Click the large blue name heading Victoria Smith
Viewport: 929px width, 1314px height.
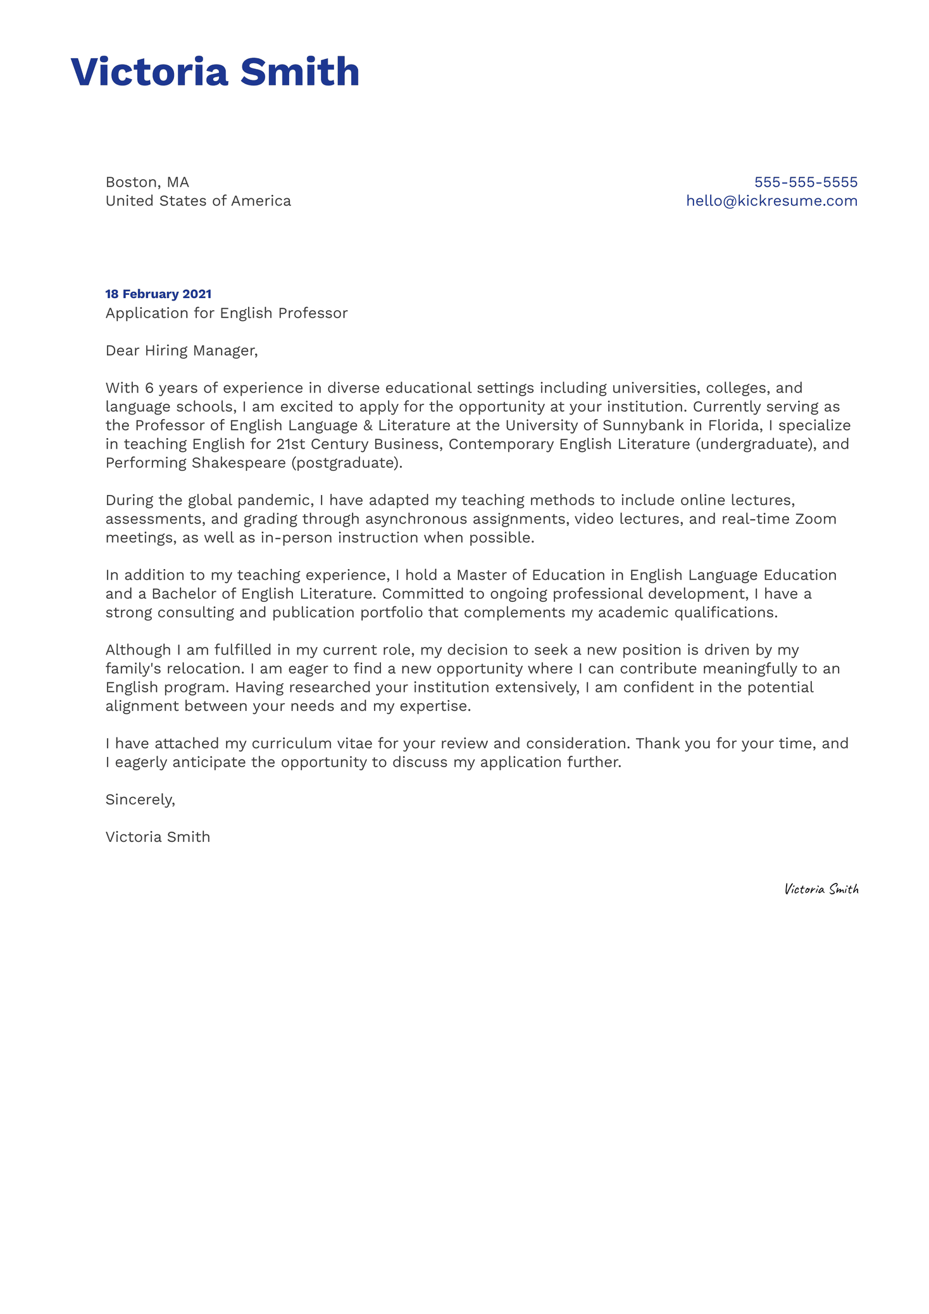pyautogui.click(x=215, y=72)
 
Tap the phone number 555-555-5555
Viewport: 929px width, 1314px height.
pyautogui.click(x=805, y=182)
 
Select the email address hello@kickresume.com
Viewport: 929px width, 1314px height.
pyautogui.click(x=771, y=201)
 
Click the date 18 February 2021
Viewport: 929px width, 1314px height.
pyautogui.click(x=158, y=294)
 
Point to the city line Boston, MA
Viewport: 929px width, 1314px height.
pyautogui.click(x=147, y=182)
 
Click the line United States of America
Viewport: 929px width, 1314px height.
pyautogui.click(x=198, y=201)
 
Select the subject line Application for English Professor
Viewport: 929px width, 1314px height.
pyautogui.click(x=227, y=313)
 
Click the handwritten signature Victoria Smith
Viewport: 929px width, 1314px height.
pyautogui.click(x=821, y=889)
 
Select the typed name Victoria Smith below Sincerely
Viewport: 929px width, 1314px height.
pyautogui.click(x=158, y=837)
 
